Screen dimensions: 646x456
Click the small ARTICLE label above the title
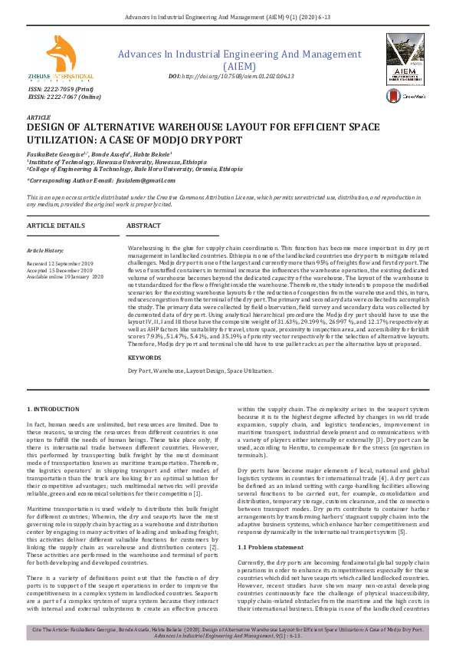(x=39, y=117)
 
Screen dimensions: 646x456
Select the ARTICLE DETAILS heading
(x=56, y=226)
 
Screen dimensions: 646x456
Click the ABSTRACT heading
(x=143, y=226)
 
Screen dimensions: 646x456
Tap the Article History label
(x=47, y=251)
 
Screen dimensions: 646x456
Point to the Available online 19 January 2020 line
(x=66, y=277)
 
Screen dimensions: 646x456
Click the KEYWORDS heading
(x=144, y=358)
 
